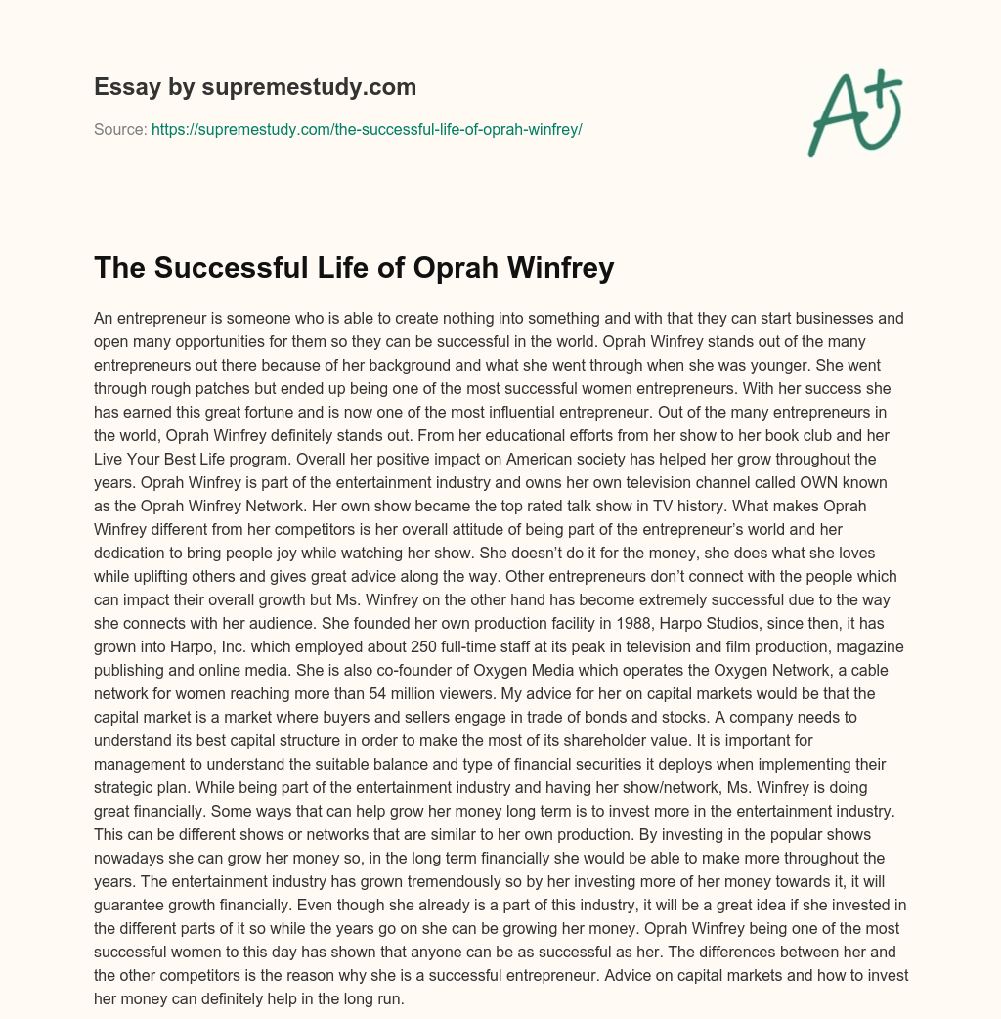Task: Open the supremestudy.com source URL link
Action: click(x=367, y=129)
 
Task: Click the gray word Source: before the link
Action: click(x=120, y=129)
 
